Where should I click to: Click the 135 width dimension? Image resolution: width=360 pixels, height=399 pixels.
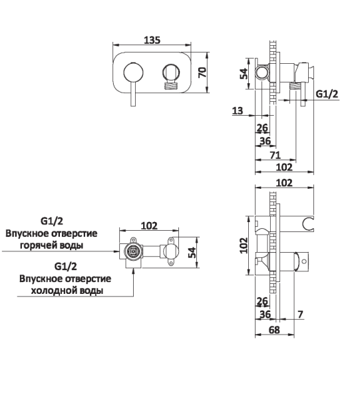[152, 40]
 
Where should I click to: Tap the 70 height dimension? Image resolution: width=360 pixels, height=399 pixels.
[202, 72]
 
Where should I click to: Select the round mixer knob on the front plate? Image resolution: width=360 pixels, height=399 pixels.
[133, 72]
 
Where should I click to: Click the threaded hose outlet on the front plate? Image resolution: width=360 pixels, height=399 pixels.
[171, 86]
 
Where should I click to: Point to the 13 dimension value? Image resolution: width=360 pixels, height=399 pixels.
[238, 110]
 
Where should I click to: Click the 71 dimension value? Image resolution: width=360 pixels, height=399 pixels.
[275, 155]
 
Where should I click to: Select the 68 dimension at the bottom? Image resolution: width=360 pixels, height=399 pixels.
[274, 330]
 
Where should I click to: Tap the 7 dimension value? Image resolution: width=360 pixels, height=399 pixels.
[300, 315]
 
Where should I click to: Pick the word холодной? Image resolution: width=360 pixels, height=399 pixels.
[54, 291]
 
